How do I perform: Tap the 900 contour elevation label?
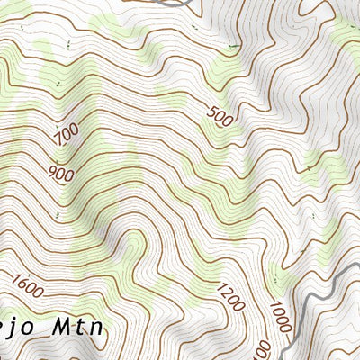click(x=61, y=172)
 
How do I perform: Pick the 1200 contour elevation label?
click(x=230, y=297)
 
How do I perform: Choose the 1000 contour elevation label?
click(x=280, y=316)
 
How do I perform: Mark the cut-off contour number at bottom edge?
click(x=263, y=349)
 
